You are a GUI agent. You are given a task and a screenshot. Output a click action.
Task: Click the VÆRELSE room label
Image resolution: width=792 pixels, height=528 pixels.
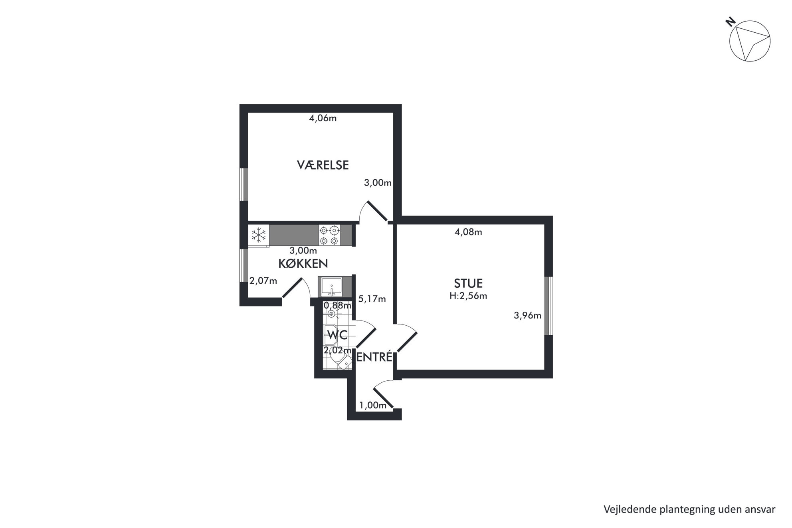pyautogui.click(x=323, y=165)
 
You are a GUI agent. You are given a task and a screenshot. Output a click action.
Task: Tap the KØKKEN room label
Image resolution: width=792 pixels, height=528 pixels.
pyautogui.click(x=303, y=263)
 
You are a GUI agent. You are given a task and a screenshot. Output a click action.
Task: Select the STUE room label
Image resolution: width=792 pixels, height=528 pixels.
pyautogui.click(x=468, y=283)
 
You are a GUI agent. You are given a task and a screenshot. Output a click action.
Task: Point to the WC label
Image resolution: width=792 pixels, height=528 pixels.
pyautogui.click(x=337, y=335)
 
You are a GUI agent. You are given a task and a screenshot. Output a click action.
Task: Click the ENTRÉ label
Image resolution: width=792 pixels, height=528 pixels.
pyautogui.click(x=374, y=357)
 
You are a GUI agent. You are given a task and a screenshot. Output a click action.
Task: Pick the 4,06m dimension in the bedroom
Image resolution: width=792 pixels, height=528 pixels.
pyautogui.click(x=323, y=119)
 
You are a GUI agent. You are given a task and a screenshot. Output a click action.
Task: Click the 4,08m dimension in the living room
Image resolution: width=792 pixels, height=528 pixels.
pyautogui.click(x=468, y=232)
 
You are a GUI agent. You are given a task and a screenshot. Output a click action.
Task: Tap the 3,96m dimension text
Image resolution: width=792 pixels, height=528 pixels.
pyautogui.click(x=527, y=316)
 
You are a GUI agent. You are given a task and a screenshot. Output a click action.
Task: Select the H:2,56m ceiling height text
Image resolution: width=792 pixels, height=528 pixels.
pyautogui.click(x=468, y=296)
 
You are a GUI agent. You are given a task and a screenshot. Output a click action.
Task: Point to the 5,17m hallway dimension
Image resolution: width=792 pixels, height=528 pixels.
pyautogui.click(x=372, y=299)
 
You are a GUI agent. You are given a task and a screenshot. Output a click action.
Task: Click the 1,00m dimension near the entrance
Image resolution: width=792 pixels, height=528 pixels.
pyautogui.click(x=373, y=405)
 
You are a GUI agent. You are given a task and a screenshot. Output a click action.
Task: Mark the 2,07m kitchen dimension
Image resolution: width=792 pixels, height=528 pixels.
pyautogui.click(x=263, y=281)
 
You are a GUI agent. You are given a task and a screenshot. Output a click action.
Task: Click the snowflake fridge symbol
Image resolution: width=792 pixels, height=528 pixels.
pyautogui.click(x=259, y=235)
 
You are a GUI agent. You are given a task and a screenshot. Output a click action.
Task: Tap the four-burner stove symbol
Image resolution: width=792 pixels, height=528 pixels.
pyautogui.click(x=329, y=235)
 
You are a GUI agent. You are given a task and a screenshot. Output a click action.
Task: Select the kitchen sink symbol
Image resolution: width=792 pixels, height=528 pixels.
pyautogui.click(x=331, y=287)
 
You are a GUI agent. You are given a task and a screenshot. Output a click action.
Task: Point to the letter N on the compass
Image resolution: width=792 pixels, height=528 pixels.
pyautogui.click(x=731, y=22)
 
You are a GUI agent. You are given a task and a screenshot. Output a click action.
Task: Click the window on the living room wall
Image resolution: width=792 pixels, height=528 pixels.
pyautogui.click(x=549, y=306)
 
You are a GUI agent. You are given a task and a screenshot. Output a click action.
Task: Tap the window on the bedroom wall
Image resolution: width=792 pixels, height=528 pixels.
pyautogui.click(x=244, y=184)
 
